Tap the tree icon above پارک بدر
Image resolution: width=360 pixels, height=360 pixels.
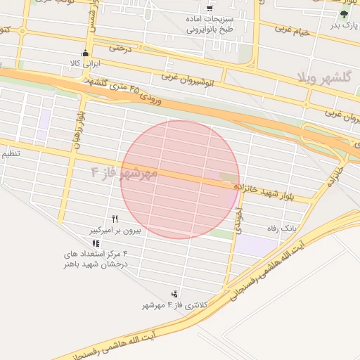tap(344, 14)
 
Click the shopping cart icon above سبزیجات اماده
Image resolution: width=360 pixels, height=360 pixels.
tap(210, 8)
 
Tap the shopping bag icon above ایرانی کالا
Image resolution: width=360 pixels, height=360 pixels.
tap(86, 53)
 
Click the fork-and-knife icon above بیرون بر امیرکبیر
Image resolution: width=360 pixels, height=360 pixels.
tap(115, 219)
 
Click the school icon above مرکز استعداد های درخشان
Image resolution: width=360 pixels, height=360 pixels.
tap(96, 243)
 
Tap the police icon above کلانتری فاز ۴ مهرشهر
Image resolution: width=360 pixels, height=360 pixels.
tap(174, 294)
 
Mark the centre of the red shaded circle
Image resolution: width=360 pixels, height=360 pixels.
tap(180, 179)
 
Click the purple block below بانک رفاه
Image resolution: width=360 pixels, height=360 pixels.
tap(256, 245)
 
